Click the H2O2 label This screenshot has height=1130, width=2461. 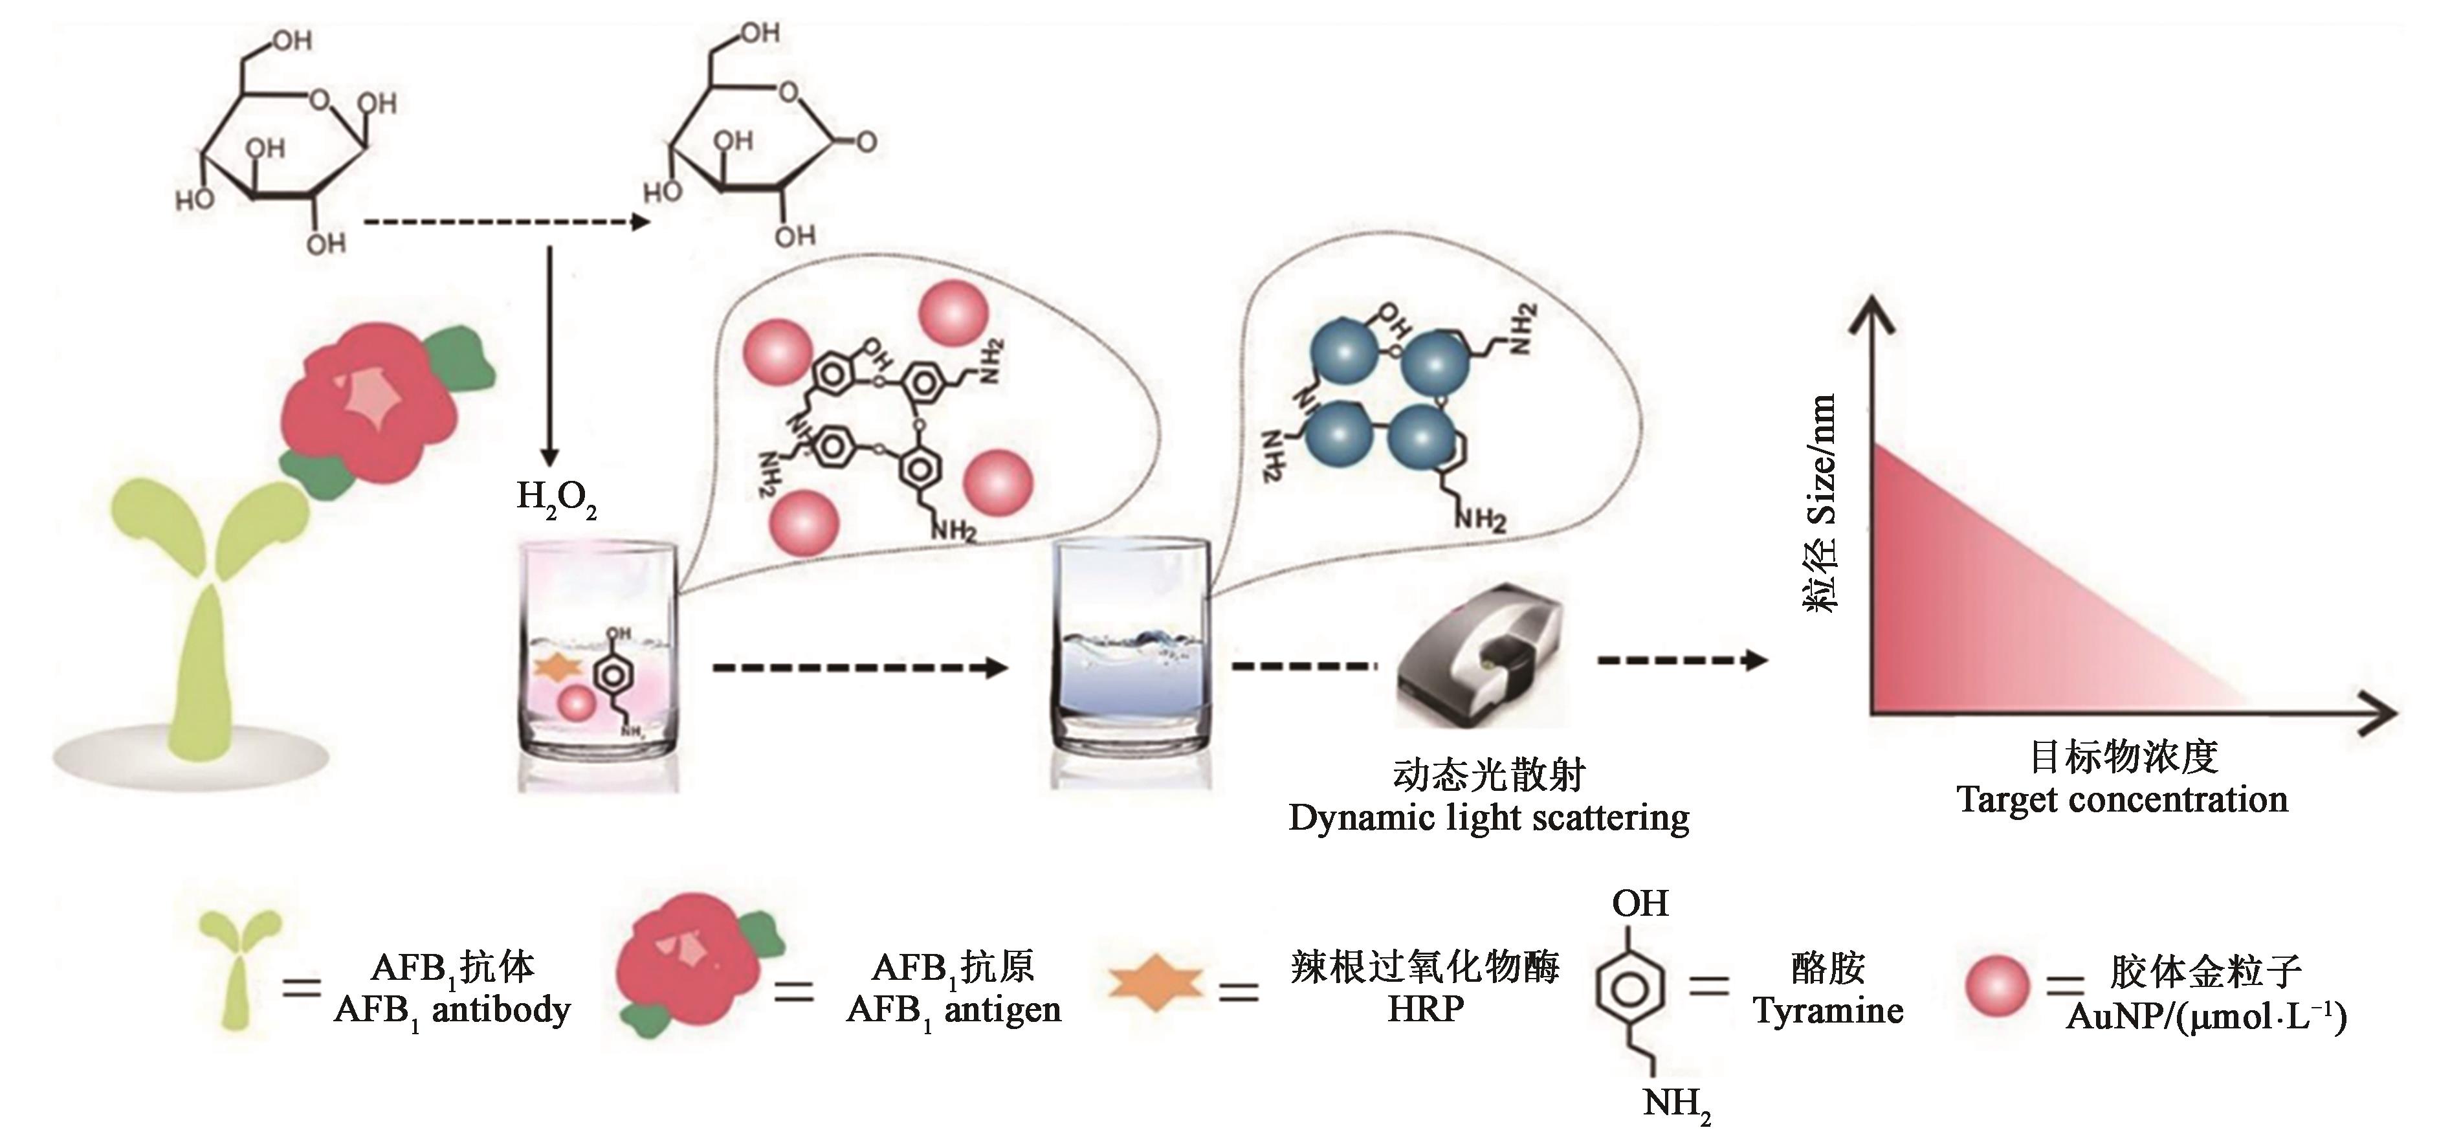point(556,498)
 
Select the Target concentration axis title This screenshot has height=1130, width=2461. point(2122,799)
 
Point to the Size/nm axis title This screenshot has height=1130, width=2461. point(1820,502)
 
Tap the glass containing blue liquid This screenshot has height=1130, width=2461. point(1130,659)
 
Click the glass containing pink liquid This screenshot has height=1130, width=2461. point(598,664)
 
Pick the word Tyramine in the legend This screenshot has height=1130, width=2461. point(1827,1011)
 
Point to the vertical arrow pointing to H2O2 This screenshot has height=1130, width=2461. point(549,353)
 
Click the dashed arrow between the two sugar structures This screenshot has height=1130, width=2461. point(506,223)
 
